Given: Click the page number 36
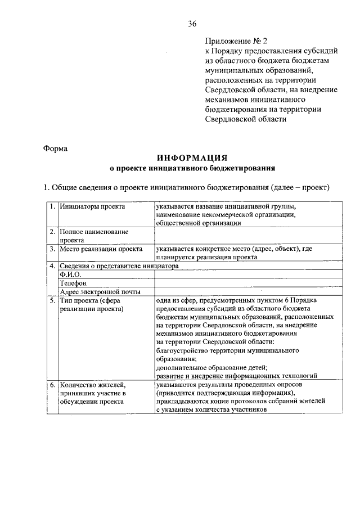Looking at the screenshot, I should [192, 23].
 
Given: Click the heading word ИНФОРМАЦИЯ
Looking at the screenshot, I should [192, 158].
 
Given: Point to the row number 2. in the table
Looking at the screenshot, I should [52, 232].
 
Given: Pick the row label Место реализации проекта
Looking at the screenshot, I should [101, 249].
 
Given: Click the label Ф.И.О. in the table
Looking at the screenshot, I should [71, 274].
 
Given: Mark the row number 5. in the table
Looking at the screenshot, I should [52, 300].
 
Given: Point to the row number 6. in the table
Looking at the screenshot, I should [52, 385].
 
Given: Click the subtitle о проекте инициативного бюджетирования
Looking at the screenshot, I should [192, 168].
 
